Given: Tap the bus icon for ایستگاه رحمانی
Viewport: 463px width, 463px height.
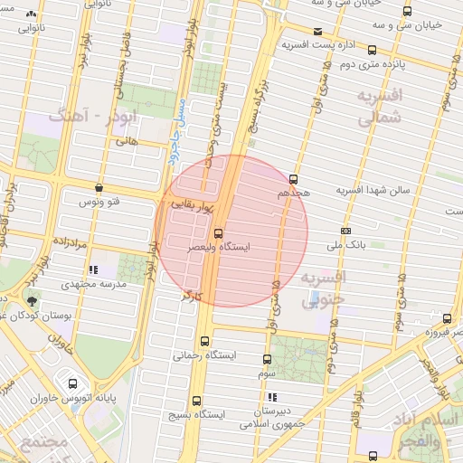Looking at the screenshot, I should tap(203, 342).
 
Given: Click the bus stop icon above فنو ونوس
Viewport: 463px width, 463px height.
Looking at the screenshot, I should tap(98, 188).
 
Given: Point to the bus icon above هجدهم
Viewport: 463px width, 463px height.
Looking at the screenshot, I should tap(293, 178).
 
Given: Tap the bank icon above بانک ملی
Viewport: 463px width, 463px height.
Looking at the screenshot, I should tap(346, 231).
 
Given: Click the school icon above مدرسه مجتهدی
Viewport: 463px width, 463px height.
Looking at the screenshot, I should tap(93, 269).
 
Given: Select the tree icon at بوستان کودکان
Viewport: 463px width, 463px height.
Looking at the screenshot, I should tap(33, 301).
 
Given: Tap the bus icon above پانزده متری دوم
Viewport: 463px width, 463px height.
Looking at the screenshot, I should tap(373, 51).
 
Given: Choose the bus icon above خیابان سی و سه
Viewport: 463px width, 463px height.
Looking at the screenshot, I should tap(407, 12).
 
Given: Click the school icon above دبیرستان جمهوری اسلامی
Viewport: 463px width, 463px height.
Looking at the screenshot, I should tap(272, 397).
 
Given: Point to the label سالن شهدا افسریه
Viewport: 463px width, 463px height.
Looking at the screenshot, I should tap(373, 191).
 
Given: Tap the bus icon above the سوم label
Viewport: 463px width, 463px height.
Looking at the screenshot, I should tap(267, 359).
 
